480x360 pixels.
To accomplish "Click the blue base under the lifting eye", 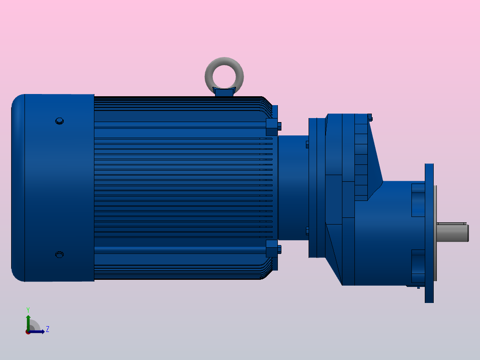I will click(224, 92).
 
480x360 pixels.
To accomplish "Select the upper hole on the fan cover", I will click(59, 121).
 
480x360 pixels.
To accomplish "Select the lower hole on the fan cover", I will click(59, 254).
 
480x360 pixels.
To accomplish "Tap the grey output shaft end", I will click(452, 232).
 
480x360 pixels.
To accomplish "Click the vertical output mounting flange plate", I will click(429, 233).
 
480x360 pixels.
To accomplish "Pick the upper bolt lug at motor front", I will click(272, 127).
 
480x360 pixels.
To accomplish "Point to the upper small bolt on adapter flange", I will click(307, 144).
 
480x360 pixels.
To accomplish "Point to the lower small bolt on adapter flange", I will click(307, 230).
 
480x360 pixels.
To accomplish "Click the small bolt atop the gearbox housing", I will click(370, 118).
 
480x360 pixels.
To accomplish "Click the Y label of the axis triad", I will click(28, 309).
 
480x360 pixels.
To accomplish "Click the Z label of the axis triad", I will click(47, 329).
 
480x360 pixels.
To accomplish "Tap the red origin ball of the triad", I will click(28, 332).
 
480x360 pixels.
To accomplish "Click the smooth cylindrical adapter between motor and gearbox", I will click(293, 187).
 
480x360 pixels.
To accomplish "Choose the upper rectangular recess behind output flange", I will click(418, 200).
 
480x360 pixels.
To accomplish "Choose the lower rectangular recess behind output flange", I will click(418, 266).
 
